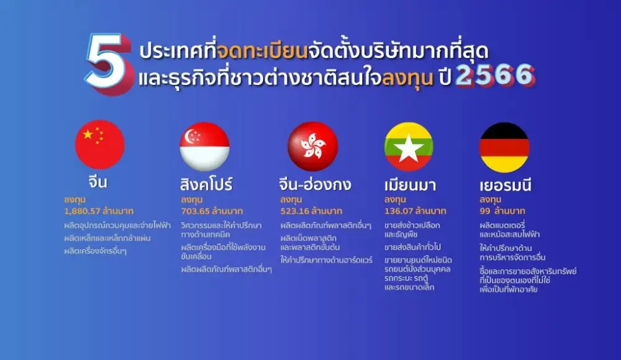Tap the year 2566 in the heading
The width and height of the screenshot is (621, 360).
495,75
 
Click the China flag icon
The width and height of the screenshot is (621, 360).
100,145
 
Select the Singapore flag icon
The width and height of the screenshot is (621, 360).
205,146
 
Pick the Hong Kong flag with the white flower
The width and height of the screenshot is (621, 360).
313,146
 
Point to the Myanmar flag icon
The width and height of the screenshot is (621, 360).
409,147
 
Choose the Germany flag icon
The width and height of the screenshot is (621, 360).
504,147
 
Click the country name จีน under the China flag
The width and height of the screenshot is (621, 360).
98,182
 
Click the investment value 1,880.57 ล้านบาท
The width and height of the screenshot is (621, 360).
99,211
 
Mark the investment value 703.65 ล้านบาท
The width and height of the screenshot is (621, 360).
212,211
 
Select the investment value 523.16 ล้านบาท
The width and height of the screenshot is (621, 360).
311,211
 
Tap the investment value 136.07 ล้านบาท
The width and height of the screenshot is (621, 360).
415,211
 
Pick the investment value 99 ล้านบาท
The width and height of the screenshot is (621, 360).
502,211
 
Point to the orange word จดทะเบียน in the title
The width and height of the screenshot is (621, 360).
263,51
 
